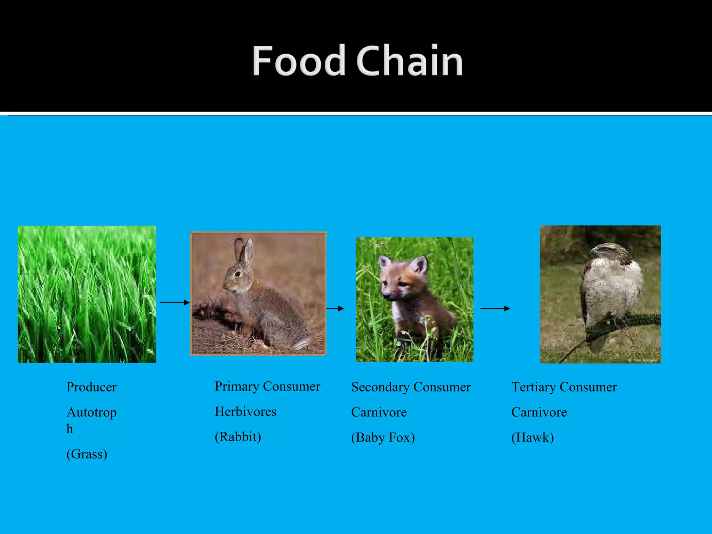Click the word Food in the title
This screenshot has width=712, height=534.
(x=298, y=61)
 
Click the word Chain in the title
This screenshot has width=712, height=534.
(x=409, y=61)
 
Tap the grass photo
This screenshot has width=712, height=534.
(x=87, y=294)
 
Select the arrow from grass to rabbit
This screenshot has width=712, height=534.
(x=175, y=303)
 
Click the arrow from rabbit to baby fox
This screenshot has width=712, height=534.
(x=335, y=308)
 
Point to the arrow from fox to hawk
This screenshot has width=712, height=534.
(x=495, y=308)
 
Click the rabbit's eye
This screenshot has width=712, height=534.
(x=238, y=274)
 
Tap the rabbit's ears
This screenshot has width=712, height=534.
(x=244, y=251)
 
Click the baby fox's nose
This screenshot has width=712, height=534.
(x=386, y=296)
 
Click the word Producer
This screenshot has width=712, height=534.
(x=91, y=387)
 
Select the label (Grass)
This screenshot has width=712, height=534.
(x=87, y=454)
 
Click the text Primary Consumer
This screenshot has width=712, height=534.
(x=267, y=386)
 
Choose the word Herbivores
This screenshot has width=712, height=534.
(x=245, y=412)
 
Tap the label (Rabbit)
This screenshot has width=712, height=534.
(x=238, y=437)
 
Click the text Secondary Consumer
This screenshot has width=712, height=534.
(x=411, y=387)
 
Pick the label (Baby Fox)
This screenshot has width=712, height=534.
(x=383, y=437)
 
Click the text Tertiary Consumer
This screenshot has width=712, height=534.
(x=564, y=387)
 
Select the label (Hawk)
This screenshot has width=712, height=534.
(x=532, y=437)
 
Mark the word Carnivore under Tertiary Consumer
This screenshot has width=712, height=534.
(x=539, y=412)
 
